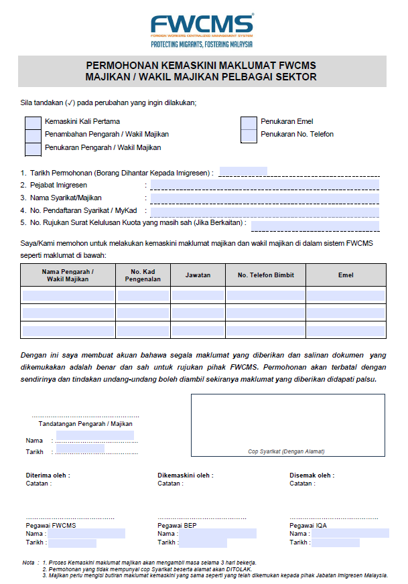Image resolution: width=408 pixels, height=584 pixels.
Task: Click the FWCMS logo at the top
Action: click(202, 29)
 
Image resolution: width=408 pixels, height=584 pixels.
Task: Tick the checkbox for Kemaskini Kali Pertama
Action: click(32, 122)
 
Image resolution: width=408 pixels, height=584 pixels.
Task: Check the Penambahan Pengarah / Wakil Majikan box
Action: click(32, 135)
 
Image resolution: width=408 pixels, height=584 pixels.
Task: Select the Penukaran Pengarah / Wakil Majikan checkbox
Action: click(32, 147)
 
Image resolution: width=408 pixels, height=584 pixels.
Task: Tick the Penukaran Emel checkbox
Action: click(249, 122)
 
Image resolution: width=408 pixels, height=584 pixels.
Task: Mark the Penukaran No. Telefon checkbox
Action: click(249, 135)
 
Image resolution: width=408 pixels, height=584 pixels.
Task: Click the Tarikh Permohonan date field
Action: click(243, 171)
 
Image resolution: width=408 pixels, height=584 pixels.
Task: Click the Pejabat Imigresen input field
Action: click(265, 185)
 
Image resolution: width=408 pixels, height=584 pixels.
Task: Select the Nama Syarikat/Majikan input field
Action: click(265, 198)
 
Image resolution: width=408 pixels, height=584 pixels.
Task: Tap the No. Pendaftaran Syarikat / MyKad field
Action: click(265, 210)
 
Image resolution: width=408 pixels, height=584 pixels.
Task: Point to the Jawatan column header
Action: click(198, 275)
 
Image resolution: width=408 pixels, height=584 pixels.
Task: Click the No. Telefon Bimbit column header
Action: click(266, 275)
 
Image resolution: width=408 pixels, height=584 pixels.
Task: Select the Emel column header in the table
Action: click(346, 275)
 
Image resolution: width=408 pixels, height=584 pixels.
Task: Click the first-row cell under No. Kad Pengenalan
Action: click(143, 295)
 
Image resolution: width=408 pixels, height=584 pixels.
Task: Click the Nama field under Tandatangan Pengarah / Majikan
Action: click(94, 436)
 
